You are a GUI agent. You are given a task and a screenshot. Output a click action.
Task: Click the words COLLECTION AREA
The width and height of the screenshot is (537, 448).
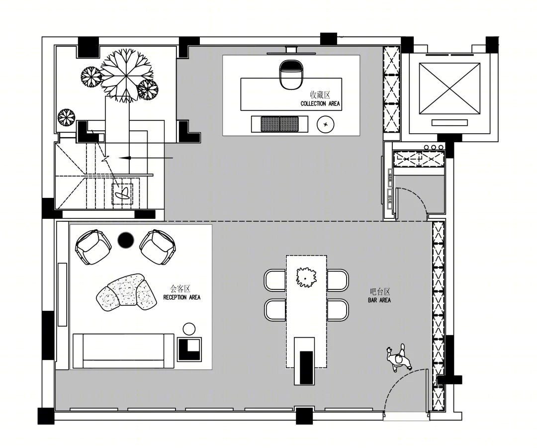(x=320, y=103)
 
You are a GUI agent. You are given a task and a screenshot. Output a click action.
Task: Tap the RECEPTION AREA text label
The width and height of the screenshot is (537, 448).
(x=182, y=297)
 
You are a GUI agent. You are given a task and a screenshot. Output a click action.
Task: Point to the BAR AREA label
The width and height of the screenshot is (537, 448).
(x=379, y=300)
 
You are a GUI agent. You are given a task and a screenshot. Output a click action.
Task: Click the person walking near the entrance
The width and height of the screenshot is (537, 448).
(x=399, y=358)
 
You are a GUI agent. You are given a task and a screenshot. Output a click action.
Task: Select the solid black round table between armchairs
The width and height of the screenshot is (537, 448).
(x=126, y=240)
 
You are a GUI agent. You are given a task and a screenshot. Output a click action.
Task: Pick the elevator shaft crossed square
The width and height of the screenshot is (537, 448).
(x=449, y=88)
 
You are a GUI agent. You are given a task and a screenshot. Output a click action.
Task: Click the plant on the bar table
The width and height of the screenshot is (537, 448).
(x=306, y=277)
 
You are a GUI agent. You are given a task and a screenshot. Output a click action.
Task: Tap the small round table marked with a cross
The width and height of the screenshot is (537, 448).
(x=325, y=124)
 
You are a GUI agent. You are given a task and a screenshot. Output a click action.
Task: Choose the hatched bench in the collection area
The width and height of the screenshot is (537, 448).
(x=280, y=124)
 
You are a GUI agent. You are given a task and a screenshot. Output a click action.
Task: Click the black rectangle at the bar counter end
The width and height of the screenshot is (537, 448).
(x=306, y=367)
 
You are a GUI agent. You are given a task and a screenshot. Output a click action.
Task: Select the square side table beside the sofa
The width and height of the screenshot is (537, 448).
(x=189, y=350)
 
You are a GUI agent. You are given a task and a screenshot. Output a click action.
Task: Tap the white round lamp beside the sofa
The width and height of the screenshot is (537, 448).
(x=189, y=329)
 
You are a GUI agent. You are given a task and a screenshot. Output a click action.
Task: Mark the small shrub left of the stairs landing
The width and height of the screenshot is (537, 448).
(x=66, y=117)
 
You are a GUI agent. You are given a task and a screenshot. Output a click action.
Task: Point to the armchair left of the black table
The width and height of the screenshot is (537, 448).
(x=93, y=247)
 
